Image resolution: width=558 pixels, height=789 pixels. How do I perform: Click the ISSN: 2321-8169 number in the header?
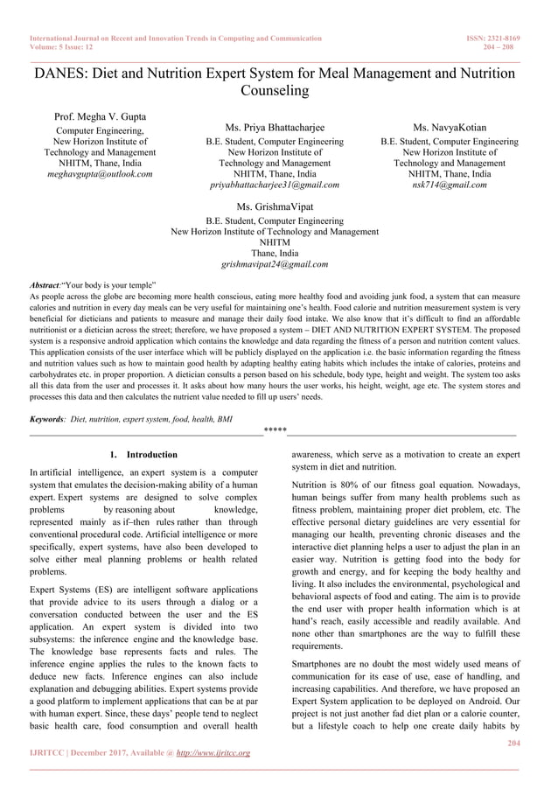click(x=494, y=38)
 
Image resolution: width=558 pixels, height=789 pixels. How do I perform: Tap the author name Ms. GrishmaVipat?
click(x=274, y=207)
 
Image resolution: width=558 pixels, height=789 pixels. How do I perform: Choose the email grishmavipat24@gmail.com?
click(x=274, y=263)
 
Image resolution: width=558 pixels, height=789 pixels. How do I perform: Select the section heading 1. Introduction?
click(x=143, y=455)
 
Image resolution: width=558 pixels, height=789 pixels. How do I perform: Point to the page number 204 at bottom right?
click(x=513, y=742)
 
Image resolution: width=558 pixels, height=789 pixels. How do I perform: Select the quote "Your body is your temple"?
click(x=108, y=286)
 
